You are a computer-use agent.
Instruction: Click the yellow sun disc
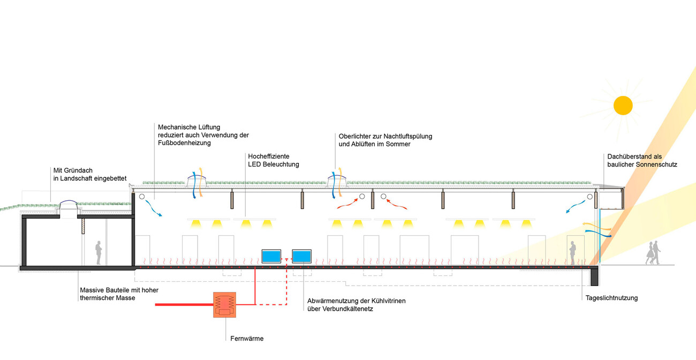point(623,105)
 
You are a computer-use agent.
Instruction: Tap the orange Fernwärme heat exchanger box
point(225,305)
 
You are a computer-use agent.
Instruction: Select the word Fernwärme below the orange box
point(247,339)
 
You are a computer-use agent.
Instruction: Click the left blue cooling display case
point(271,256)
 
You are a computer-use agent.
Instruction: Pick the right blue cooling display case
point(302,256)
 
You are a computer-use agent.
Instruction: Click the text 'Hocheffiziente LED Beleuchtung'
point(274,160)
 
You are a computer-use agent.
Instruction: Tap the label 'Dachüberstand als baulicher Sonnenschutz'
point(642,161)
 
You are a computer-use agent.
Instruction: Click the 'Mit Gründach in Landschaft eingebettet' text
point(90,174)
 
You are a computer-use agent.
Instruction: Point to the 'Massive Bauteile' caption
point(119,294)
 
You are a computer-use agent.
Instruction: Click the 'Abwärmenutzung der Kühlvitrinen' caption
point(356,304)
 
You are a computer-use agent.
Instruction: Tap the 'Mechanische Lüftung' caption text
point(203,135)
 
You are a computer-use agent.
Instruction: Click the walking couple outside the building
point(653,252)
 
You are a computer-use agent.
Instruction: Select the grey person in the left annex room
point(99,252)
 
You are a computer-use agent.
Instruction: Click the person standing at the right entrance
point(572,253)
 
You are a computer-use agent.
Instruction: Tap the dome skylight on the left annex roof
point(67,206)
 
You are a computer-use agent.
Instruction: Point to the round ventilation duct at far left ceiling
point(142,197)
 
